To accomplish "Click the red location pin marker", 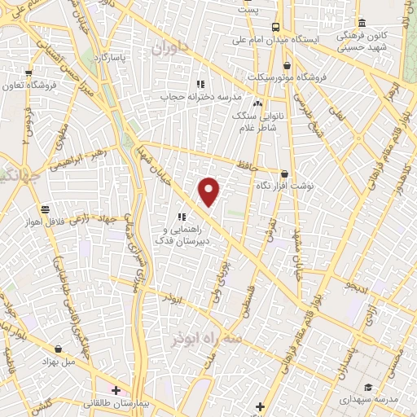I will point(209,191).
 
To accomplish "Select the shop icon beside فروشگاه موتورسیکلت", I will point(286,65).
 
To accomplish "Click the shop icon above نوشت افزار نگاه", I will point(283,173).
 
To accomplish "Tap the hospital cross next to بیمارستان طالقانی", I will point(116,390).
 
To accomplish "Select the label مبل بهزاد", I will point(69,359).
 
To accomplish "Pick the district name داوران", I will point(169,49).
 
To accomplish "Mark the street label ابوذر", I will point(171,299).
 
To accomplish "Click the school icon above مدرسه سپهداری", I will point(369,387).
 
